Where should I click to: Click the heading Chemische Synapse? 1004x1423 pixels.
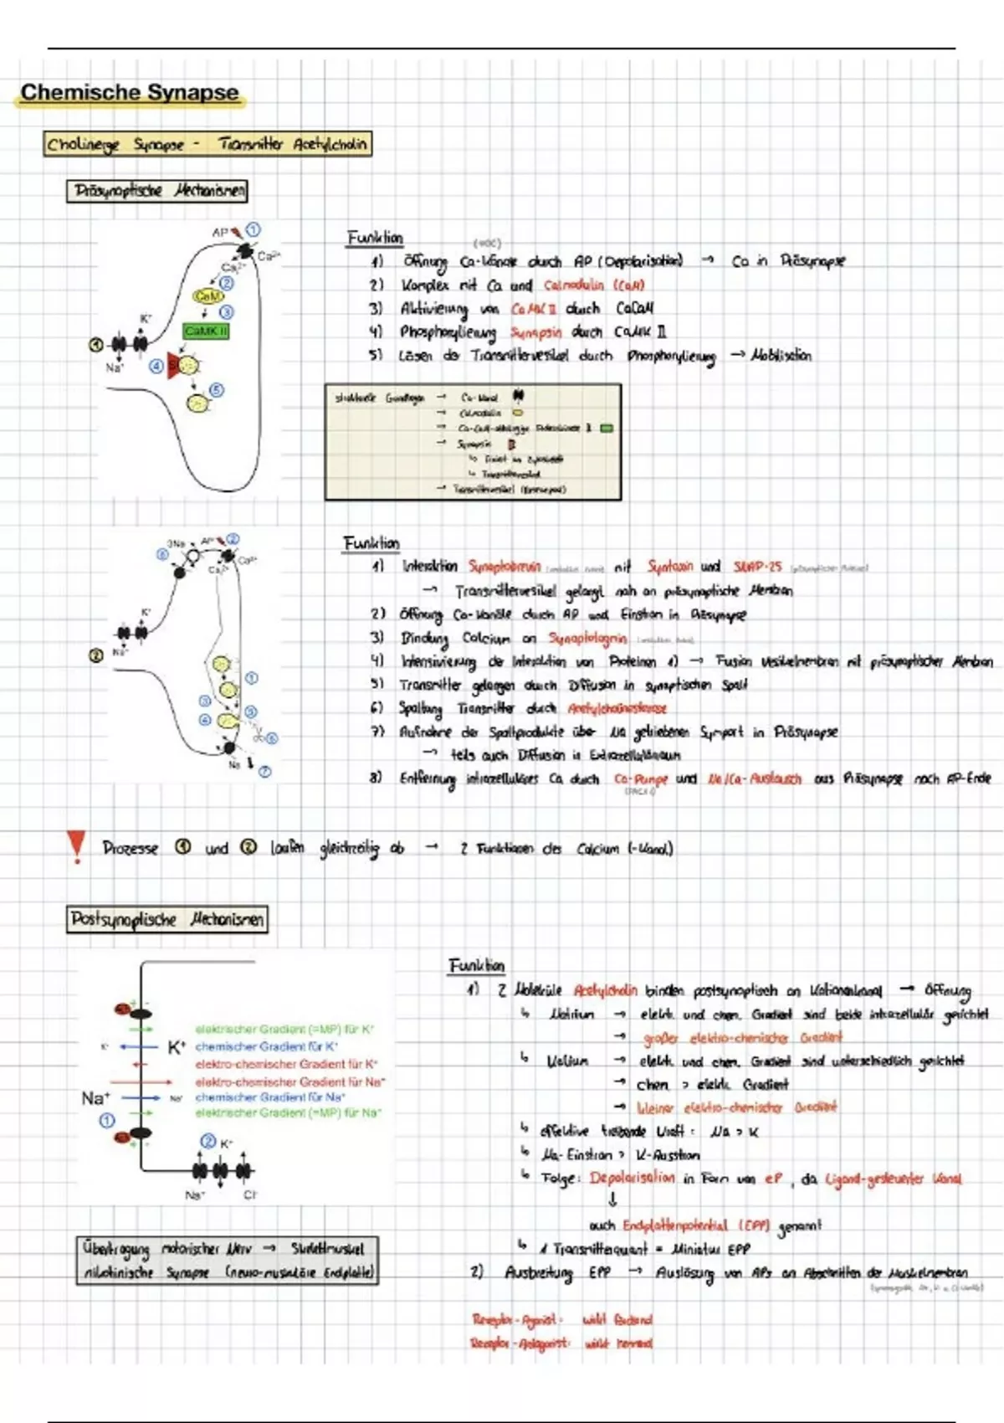pos(130,92)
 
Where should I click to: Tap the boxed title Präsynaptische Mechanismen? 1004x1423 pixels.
pos(157,191)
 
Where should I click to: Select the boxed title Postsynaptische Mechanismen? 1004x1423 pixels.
pos(167,919)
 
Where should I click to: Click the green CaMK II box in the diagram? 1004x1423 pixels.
pos(206,331)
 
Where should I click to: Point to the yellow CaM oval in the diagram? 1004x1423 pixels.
pos(207,296)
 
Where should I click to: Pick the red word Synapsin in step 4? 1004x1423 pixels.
pos(536,332)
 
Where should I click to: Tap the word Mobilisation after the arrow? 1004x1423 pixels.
pos(781,355)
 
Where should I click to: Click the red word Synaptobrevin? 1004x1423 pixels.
pos(505,567)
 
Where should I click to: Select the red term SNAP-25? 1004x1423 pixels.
pos(757,567)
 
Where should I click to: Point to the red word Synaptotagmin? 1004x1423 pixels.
pos(587,638)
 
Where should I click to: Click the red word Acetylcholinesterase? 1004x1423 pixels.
pos(617,708)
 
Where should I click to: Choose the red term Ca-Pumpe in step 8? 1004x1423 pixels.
pos(641,778)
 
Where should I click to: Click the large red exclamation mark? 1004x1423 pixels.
pos(76,845)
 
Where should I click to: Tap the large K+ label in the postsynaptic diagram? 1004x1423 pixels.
pos(177,1046)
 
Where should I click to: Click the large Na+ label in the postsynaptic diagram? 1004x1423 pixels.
pos(95,1097)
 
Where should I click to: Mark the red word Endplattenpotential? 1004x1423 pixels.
pos(675,1225)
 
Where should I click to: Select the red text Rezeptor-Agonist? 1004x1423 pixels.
pos(514,1320)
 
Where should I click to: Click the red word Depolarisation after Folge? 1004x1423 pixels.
pos(632,1178)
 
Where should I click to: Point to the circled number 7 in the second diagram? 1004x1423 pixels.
pos(264,772)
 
